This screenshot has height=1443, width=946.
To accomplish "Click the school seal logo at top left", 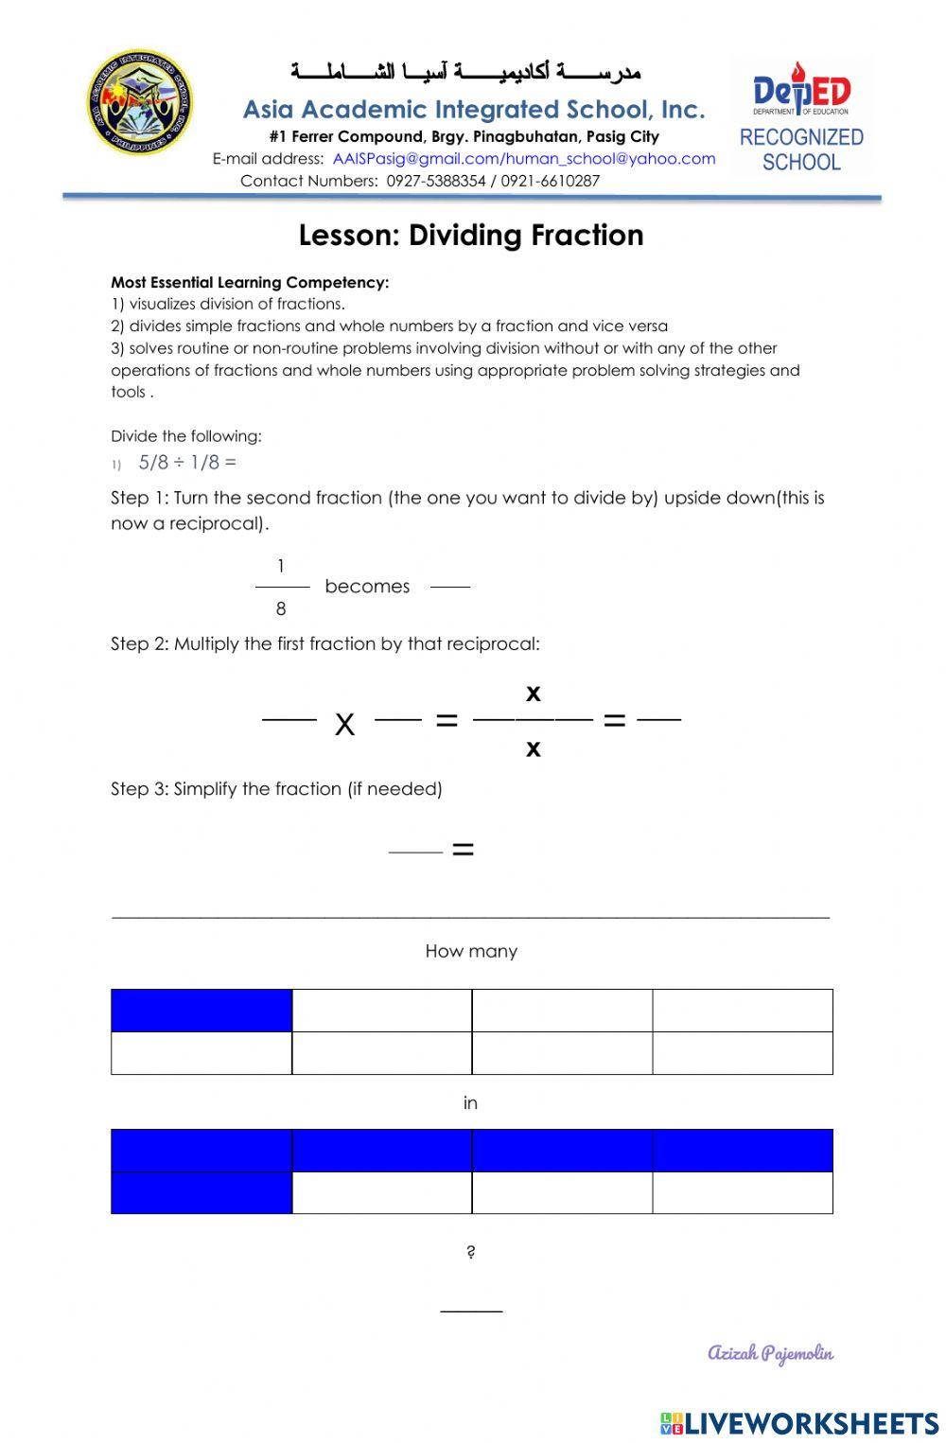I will coord(140,102).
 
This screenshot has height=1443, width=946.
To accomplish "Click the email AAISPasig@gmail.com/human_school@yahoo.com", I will coord(523,159).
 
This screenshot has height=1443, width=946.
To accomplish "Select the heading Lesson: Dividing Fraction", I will coord(471,235).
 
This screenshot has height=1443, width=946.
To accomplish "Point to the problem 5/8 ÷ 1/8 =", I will coord(186,463).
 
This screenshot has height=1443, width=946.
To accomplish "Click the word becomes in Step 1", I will coord(367,587).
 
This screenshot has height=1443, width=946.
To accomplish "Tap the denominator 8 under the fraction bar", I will coord(281,609).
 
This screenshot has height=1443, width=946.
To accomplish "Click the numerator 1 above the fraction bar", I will coord(281,567).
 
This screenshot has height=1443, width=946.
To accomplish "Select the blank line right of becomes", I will coord(450,587).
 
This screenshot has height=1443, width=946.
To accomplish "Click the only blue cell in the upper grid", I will coord(201,1011).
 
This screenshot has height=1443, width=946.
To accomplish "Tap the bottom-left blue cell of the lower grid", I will coord(201,1192).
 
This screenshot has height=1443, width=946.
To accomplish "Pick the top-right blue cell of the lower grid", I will coord(743,1151).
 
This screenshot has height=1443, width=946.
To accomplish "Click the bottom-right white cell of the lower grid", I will coord(743,1192).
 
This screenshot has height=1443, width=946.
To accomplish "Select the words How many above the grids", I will coord(471,952).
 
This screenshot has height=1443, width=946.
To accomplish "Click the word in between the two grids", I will coord(470,1103).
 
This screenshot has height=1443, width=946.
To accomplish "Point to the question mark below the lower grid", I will coord(471,1253).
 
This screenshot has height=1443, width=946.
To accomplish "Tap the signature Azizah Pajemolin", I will coord(770,1353).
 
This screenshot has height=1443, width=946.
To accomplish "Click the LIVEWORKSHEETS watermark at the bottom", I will coord(799,1423).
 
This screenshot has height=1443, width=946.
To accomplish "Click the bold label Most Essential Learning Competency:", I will coord(250,282).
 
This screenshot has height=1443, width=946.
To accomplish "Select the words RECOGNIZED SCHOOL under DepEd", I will coord(801,150).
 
